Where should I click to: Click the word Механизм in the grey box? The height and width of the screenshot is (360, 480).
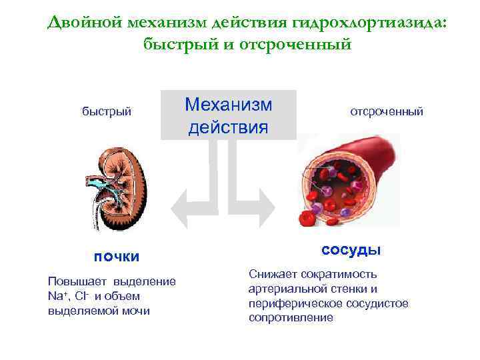[229, 104]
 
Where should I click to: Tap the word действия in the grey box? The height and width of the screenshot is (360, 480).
[229, 126]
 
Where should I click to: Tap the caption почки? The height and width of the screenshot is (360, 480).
[117, 257]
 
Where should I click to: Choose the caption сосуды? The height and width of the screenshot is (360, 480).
[351, 250]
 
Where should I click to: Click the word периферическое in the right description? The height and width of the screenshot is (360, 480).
[288, 303]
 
